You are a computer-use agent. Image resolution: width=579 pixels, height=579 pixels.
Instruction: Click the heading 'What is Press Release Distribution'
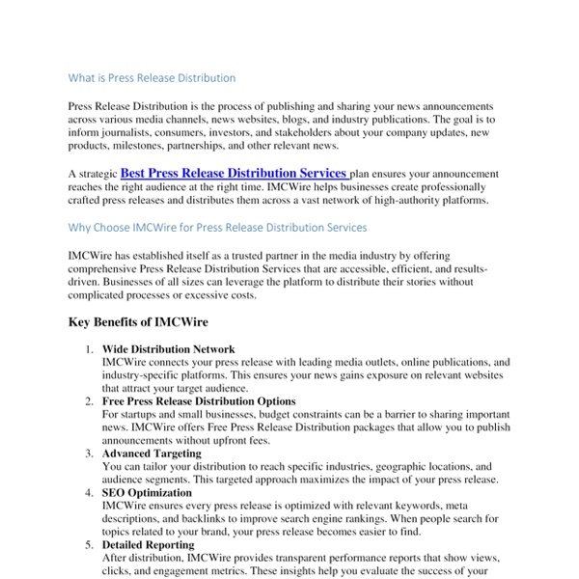(x=152, y=77)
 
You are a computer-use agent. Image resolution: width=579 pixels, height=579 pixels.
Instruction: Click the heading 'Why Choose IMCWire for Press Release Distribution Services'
(x=217, y=228)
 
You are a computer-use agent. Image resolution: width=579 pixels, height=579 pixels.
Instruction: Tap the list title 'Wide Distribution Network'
(x=168, y=348)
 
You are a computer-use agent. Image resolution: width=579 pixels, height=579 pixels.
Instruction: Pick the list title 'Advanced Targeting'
(x=152, y=453)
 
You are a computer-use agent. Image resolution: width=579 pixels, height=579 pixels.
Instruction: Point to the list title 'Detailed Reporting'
(x=151, y=543)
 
